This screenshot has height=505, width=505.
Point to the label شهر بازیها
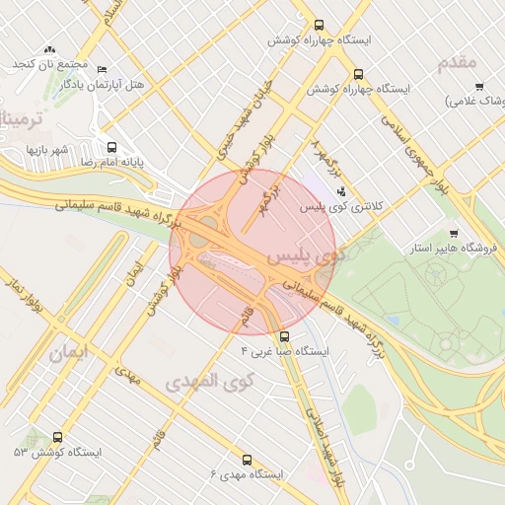point(46,149)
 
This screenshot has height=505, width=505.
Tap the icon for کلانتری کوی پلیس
point(341,191)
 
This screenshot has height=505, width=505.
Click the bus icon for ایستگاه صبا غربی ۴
point(284,335)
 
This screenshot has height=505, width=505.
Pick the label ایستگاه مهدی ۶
point(247,474)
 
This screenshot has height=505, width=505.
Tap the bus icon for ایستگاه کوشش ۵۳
point(57,437)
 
